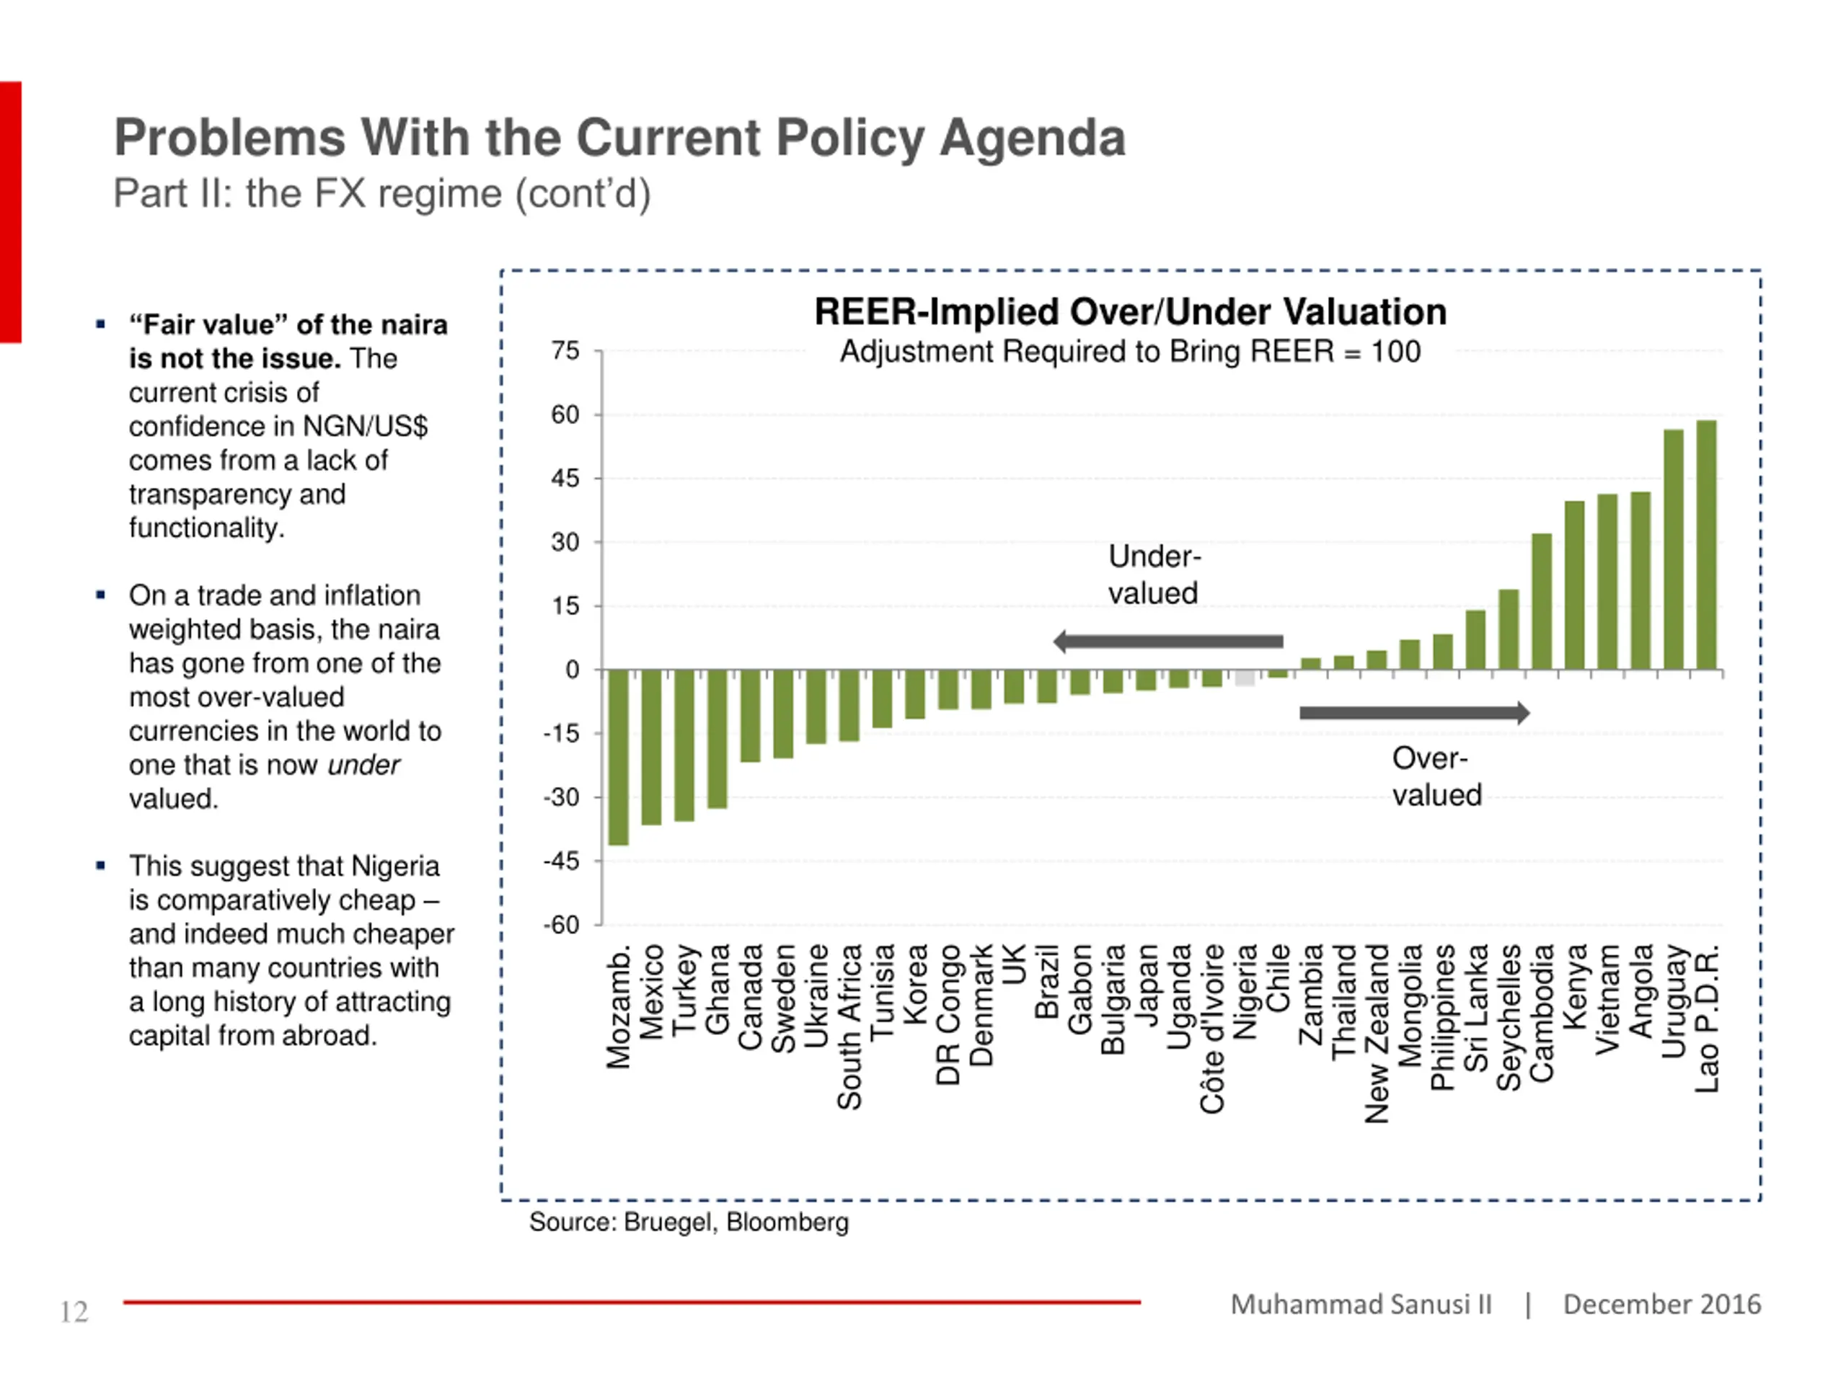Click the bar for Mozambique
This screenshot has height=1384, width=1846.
[x=619, y=758]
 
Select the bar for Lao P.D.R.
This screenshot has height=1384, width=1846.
[x=1707, y=545]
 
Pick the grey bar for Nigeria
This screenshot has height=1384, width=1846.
[x=1245, y=678]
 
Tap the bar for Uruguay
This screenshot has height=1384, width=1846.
[x=1673, y=550]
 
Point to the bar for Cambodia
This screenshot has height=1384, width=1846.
[x=1542, y=601]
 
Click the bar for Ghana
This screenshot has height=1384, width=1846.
[x=717, y=739]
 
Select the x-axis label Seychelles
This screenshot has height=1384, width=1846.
[x=1509, y=1017]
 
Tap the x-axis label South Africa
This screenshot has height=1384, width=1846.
[x=849, y=1027]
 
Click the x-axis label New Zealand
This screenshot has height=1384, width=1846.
[x=1377, y=1034]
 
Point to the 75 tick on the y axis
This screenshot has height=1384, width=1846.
[x=565, y=351]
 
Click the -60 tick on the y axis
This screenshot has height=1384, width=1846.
[x=561, y=925]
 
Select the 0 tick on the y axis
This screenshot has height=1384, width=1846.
[x=573, y=670]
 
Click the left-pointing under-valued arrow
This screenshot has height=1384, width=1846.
[x=1168, y=642]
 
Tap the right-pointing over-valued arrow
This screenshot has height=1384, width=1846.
[x=1415, y=712]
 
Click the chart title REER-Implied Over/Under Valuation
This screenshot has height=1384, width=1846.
[x=1131, y=312]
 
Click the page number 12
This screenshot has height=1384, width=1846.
[x=74, y=1312]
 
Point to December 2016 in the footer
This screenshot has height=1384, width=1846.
[x=1661, y=1304]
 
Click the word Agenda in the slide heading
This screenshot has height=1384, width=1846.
[x=1033, y=138]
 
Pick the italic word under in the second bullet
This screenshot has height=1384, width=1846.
[x=364, y=765]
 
